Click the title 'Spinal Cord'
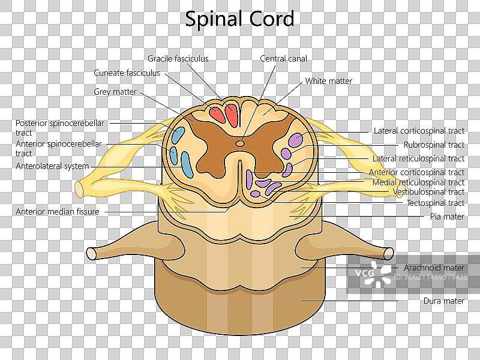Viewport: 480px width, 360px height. pyautogui.click(x=239, y=19)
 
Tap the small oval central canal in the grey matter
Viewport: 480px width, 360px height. pyautogui.click(x=240, y=143)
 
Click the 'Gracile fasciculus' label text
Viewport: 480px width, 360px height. pyautogui.click(x=178, y=59)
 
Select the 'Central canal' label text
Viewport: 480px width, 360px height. pyautogui.click(x=283, y=59)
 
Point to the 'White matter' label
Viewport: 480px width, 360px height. pyautogui.click(x=328, y=81)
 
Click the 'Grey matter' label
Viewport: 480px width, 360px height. pyautogui.click(x=115, y=92)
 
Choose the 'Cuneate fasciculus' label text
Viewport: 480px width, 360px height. pyautogui.click(x=127, y=73)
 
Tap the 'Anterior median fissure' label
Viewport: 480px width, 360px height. pyautogui.click(x=58, y=212)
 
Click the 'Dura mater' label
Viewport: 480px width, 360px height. pyautogui.click(x=443, y=301)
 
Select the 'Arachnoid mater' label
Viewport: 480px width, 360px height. pyautogui.click(x=434, y=268)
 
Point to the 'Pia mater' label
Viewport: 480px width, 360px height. pyautogui.click(x=447, y=216)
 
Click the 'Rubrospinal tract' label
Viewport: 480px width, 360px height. pyautogui.click(x=434, y=145)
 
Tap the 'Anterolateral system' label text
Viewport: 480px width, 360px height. pyautogui.click(x=52, y=166)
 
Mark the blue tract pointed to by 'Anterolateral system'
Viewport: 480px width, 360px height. pyautogui.click(x=187, y=164)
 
